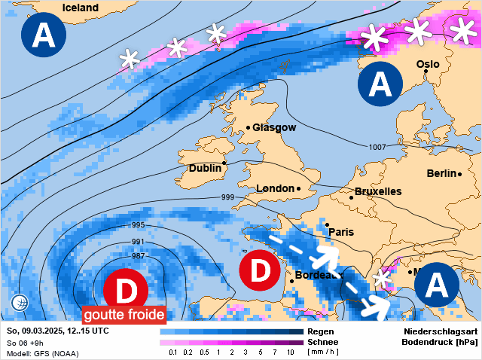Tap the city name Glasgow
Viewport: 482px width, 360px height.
pos(274,128)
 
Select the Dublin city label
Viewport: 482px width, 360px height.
pos(206,169)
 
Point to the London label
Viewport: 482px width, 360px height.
pos(274,188)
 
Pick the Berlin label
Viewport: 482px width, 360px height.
pos(441,174)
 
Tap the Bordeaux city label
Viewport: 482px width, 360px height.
pos(316,275)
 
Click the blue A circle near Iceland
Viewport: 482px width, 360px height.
pos(42,36)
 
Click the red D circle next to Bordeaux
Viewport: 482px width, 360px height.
pos(260,272)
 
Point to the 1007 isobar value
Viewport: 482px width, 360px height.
pos(378,147)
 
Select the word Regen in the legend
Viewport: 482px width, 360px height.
pos(321,331)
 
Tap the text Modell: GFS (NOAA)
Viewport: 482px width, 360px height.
pos(42,353)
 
